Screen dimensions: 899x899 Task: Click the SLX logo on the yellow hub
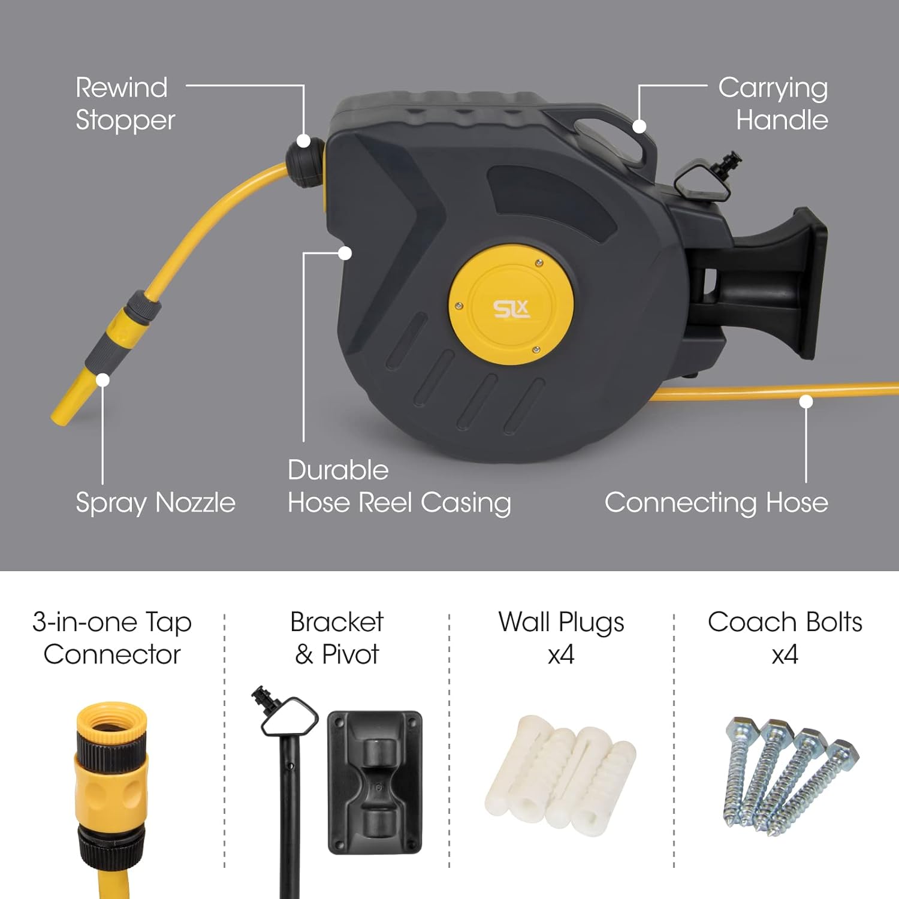point(511,309)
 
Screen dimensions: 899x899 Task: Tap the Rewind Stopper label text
point(125,104)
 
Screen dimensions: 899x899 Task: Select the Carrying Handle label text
point(773,104)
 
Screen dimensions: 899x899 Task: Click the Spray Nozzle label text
point(155,502)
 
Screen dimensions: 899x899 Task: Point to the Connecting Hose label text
point(716,502)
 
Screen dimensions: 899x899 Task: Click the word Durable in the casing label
point(338,470)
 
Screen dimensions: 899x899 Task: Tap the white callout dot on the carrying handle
point(639,126)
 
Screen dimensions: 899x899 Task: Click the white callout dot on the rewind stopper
point(304,141)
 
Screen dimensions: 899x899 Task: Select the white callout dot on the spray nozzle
point(103,380)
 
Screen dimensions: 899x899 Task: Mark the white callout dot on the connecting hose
point(806,402)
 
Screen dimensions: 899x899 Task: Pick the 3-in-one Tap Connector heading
point(112,638)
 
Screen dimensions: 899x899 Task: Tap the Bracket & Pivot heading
point(337,638)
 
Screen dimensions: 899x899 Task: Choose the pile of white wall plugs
point(560,773)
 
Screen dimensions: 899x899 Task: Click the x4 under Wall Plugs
point(561,654)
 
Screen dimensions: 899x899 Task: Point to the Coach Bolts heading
point(785,622)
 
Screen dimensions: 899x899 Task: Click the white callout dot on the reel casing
point(345,253)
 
